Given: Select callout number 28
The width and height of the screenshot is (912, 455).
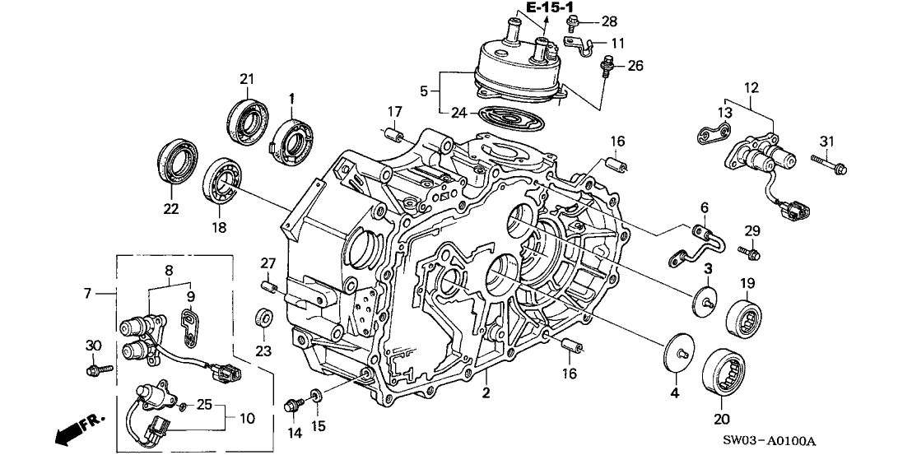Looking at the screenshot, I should pos(608,21).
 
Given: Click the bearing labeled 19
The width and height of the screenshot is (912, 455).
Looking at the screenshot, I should pos(746,317).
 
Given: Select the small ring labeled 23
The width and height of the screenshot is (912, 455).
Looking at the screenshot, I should pos(265,318).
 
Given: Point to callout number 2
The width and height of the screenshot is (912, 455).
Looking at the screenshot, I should pos(486,392).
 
